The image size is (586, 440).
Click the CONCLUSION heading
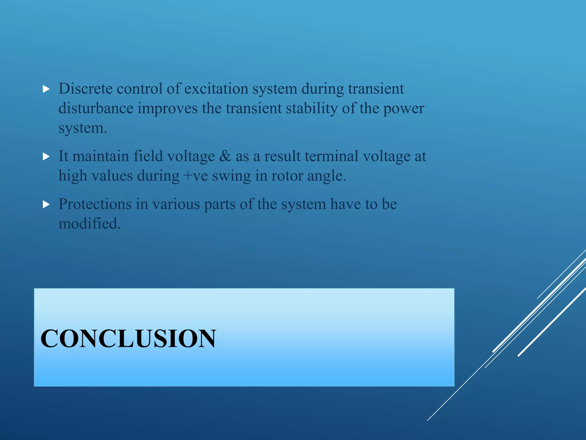[x=128, y=339]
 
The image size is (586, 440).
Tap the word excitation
[x=216, y=89]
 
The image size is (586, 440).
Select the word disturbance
[x=96, y=108]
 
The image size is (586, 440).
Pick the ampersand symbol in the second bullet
[x=225, y=156]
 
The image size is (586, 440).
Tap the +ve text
[x=196, y=176]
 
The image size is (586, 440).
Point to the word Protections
[x=95, y=204]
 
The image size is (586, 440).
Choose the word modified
[x=89, y=223]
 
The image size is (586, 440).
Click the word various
[x=176, y=204]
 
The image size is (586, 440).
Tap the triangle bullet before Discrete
[x=46, y=89]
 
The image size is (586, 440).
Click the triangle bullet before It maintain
[x=46, y=156]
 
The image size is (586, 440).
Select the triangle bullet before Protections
[x=46, y=204]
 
